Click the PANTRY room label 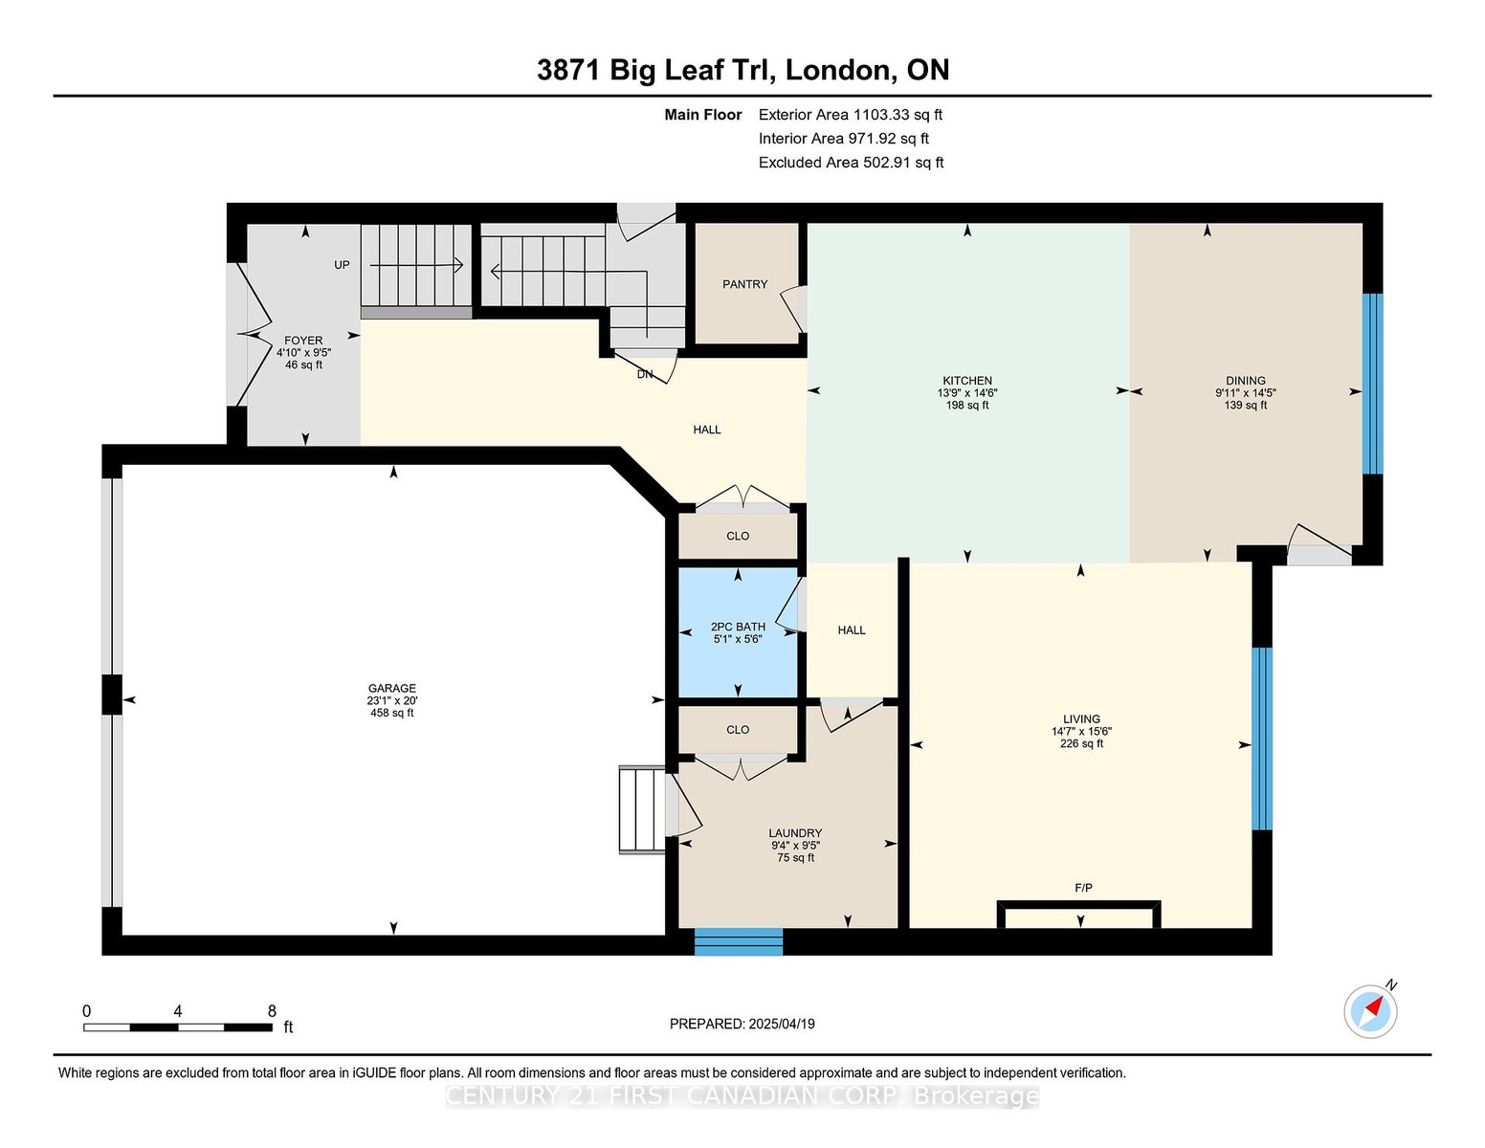(x=744, y=284)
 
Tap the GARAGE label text (x=391, y=689)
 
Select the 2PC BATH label (x=738, y=627)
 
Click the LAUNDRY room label (x=795, y=833)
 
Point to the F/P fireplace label (x=1083, y=888)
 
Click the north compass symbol (x=1371, y=1011)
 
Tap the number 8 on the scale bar (x=272, y=1011)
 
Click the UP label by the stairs (x=342, y=265)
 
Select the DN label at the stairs (x=645, y=374)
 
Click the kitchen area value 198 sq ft (x=967, y=405)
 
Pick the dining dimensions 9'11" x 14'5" (x=1245, y=392)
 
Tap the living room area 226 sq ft (x=1081, y=743)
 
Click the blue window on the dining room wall (x=1373, y=384)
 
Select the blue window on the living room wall (x=1261, y=739)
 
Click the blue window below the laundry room (x=739, y=941)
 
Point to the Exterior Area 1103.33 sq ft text (x=850, y=115)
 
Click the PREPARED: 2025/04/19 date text (x=742, y=1024)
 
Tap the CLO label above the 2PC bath (x=738, y=536)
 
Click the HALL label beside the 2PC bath (x=852, y=630)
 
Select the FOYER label (x=303, y=341)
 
